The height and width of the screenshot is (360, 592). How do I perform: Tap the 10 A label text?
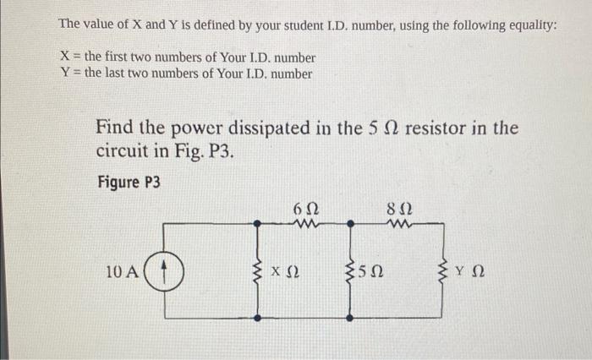tap(122, 272)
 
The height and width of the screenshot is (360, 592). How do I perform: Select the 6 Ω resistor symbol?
tap(306, 225)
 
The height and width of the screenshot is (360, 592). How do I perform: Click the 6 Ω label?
tap(305, 208)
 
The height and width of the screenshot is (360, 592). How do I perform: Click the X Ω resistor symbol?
tap(259, 272)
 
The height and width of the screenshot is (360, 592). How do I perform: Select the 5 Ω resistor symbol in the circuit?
tap(349, 272)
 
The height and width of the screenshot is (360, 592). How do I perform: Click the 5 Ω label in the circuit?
tap(371, 273)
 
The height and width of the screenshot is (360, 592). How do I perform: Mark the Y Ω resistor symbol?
tap(441, 272)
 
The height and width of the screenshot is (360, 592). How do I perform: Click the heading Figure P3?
tap(129, 183)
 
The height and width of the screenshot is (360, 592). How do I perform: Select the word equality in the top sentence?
tap(526, 25)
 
